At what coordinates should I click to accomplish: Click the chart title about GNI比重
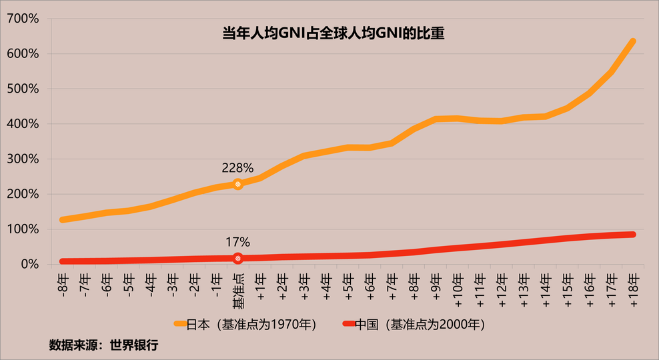(x=333, y=33)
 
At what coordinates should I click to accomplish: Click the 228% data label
(x=237, y=168)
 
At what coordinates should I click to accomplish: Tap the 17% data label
(x=237, y=243)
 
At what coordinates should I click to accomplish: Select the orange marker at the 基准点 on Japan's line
(x=238, y=184)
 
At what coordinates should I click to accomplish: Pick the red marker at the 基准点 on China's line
(x=238, y=259)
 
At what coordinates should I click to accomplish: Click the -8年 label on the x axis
(x=62, y=283)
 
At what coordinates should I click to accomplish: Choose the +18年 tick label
(x=633, y=287)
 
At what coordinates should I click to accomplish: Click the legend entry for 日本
(x=244, y=325)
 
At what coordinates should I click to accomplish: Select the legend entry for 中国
(x=414, y=325)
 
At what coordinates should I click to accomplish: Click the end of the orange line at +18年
(x=632, y=42)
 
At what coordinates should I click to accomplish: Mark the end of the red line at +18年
(x=632, y=235)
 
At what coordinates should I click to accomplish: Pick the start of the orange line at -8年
(x=63, y=219)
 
